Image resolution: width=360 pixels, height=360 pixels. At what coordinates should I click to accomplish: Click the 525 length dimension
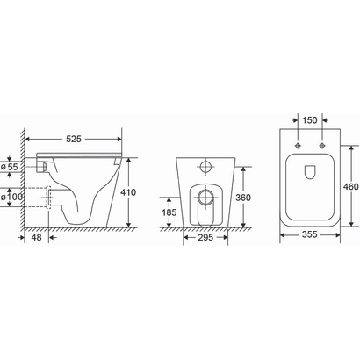(74, 139)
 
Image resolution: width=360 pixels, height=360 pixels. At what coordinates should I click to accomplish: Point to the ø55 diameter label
(10, 167)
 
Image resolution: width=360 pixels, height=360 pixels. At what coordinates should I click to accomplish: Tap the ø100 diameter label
(11, 197)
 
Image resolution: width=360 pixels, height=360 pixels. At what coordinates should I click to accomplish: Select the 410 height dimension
(128, 192)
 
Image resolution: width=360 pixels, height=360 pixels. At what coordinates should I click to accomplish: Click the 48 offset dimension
(36, 237)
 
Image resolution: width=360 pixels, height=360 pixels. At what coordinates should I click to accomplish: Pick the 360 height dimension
(243, 198)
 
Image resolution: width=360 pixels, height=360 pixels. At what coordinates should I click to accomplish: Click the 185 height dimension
(169, 212)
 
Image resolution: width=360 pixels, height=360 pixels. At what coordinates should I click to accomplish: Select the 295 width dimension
(205, 237)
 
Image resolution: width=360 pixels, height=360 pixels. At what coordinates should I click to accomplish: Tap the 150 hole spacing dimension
(310, 120)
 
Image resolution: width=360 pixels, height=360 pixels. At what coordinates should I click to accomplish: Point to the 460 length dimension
(351, 186)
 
